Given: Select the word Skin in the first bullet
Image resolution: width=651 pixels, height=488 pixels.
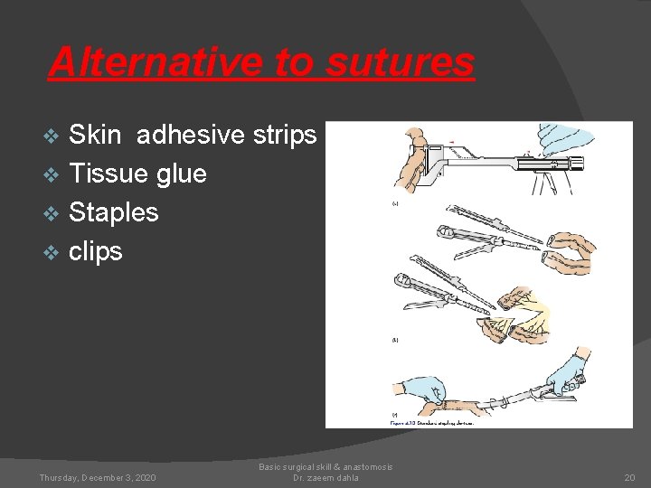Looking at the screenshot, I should click(x=95, y=135).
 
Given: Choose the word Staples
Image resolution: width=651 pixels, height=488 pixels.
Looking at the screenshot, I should click(x=114, y=212).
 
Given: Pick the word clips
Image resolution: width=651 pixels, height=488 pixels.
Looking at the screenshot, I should click(x=95, y=251).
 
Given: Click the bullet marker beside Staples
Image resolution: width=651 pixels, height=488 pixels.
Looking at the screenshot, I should click(x=52, y=213).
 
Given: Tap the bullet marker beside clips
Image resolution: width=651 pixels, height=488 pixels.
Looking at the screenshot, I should click(x=52, y=252).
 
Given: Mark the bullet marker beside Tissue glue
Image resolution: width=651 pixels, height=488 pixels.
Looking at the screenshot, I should click(x=52, y=174).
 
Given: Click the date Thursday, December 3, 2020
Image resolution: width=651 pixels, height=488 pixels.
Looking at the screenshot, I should click(x=98, y=477).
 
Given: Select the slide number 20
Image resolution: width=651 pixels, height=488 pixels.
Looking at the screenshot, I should click(x=629, y=477).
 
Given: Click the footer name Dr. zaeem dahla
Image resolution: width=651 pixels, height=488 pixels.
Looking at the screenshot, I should click(x=325, y=477).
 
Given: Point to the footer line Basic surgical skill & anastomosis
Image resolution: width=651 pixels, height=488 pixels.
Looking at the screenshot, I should click(x=325, y=466).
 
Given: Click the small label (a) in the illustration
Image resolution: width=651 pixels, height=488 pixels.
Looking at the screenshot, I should click(x=395, y=204).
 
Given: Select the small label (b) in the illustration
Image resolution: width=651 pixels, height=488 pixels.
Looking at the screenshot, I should click(x=395, y=341).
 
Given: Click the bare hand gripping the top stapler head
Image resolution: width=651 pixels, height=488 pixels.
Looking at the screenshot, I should click(x=410, y=167).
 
